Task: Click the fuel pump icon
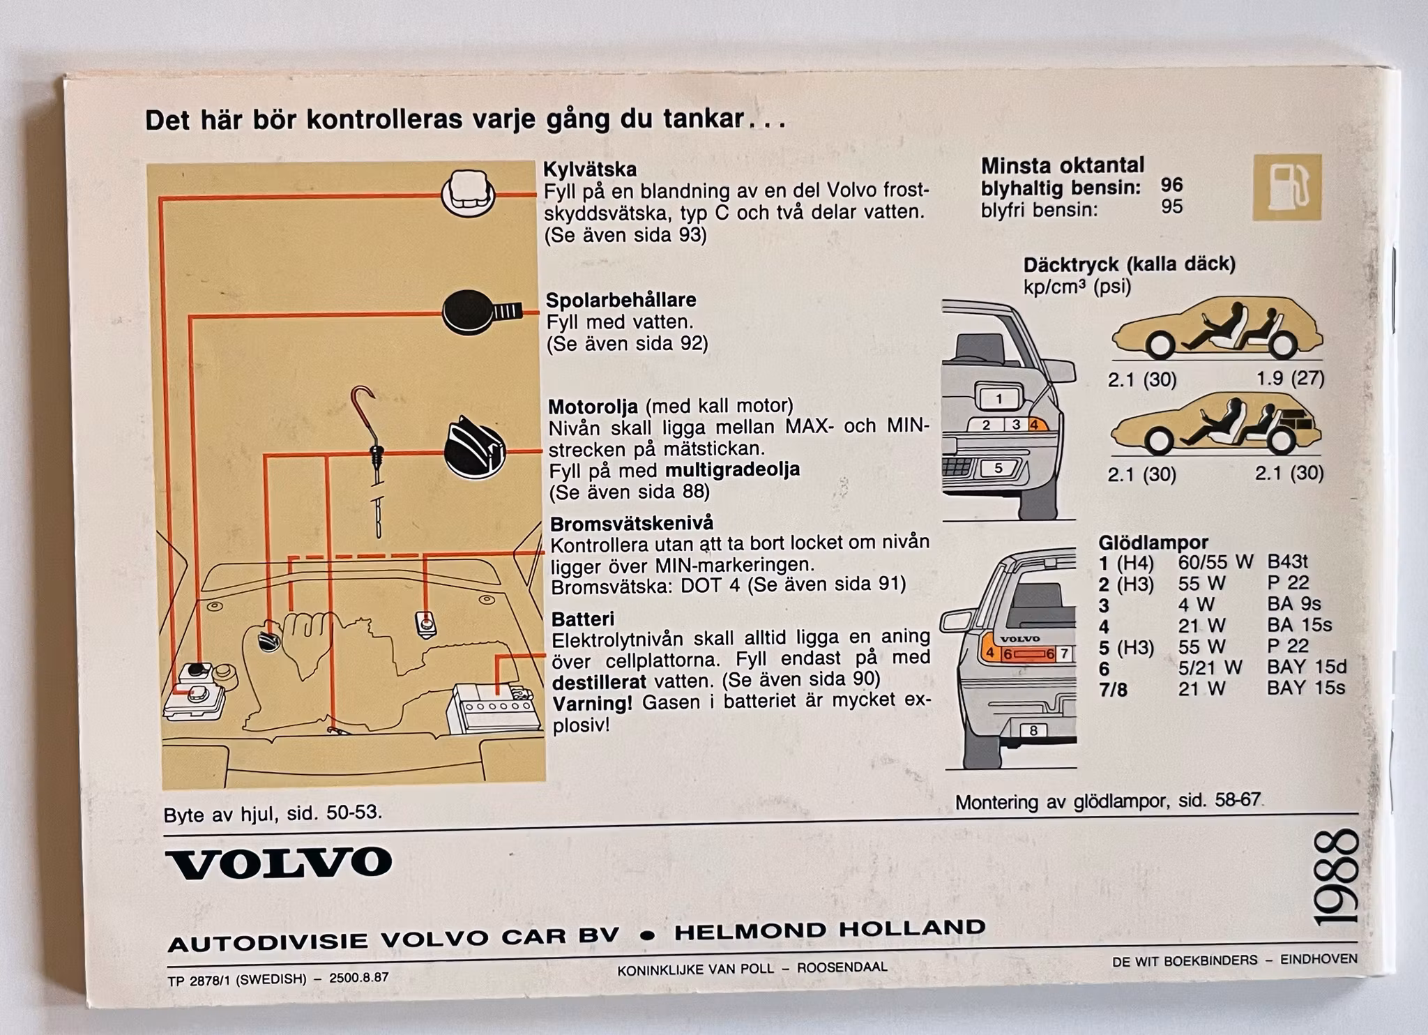pos(1287,187)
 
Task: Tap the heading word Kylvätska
pos(590,169)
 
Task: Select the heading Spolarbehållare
pos(621,300)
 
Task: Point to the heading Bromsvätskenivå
pos(622,523)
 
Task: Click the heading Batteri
pos(583,619)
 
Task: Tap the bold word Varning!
pos(593,703)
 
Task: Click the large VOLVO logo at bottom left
pos(279,863)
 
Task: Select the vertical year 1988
pos(1336,877)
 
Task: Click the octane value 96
pos(1172,185)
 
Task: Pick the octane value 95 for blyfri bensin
pos(1172,206)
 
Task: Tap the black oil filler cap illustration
pos(475,447)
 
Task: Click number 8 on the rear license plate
pos(1033,730)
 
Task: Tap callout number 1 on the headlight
pos(999,399)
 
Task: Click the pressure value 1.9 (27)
pos(1290,378)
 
